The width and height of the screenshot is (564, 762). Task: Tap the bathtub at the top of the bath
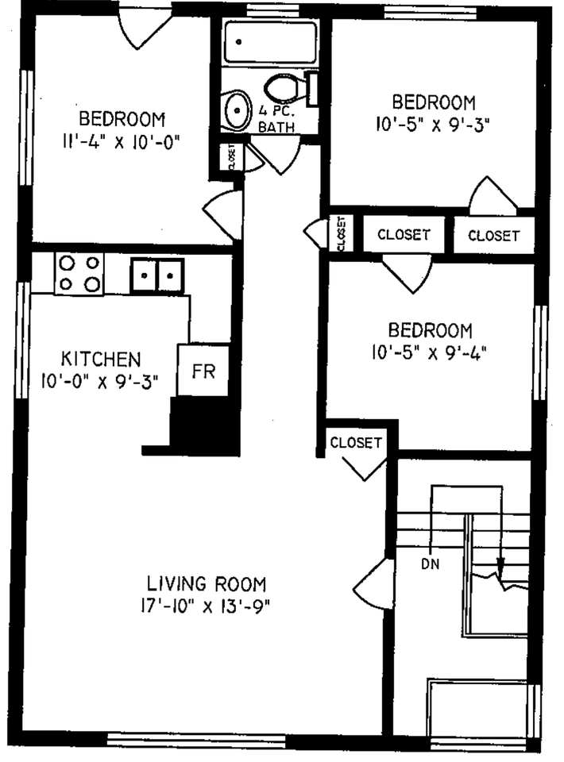point(270,42)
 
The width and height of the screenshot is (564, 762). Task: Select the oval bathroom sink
point(236,112)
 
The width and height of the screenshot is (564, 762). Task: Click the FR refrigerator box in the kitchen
point(203,371)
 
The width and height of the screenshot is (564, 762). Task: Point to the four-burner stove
point(80,273)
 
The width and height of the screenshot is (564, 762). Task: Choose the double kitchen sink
point(157,275)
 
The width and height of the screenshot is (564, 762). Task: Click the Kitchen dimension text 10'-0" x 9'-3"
point(100,380)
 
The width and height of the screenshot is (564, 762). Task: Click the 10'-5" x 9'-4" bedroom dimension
point(430,352)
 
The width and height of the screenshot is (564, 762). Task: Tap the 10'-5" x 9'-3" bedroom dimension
point(434,124)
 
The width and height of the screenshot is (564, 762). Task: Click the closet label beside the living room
point(356,442)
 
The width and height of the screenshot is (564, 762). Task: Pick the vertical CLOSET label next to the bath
point(231,157)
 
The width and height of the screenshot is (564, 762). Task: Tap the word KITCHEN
point(101,358)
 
